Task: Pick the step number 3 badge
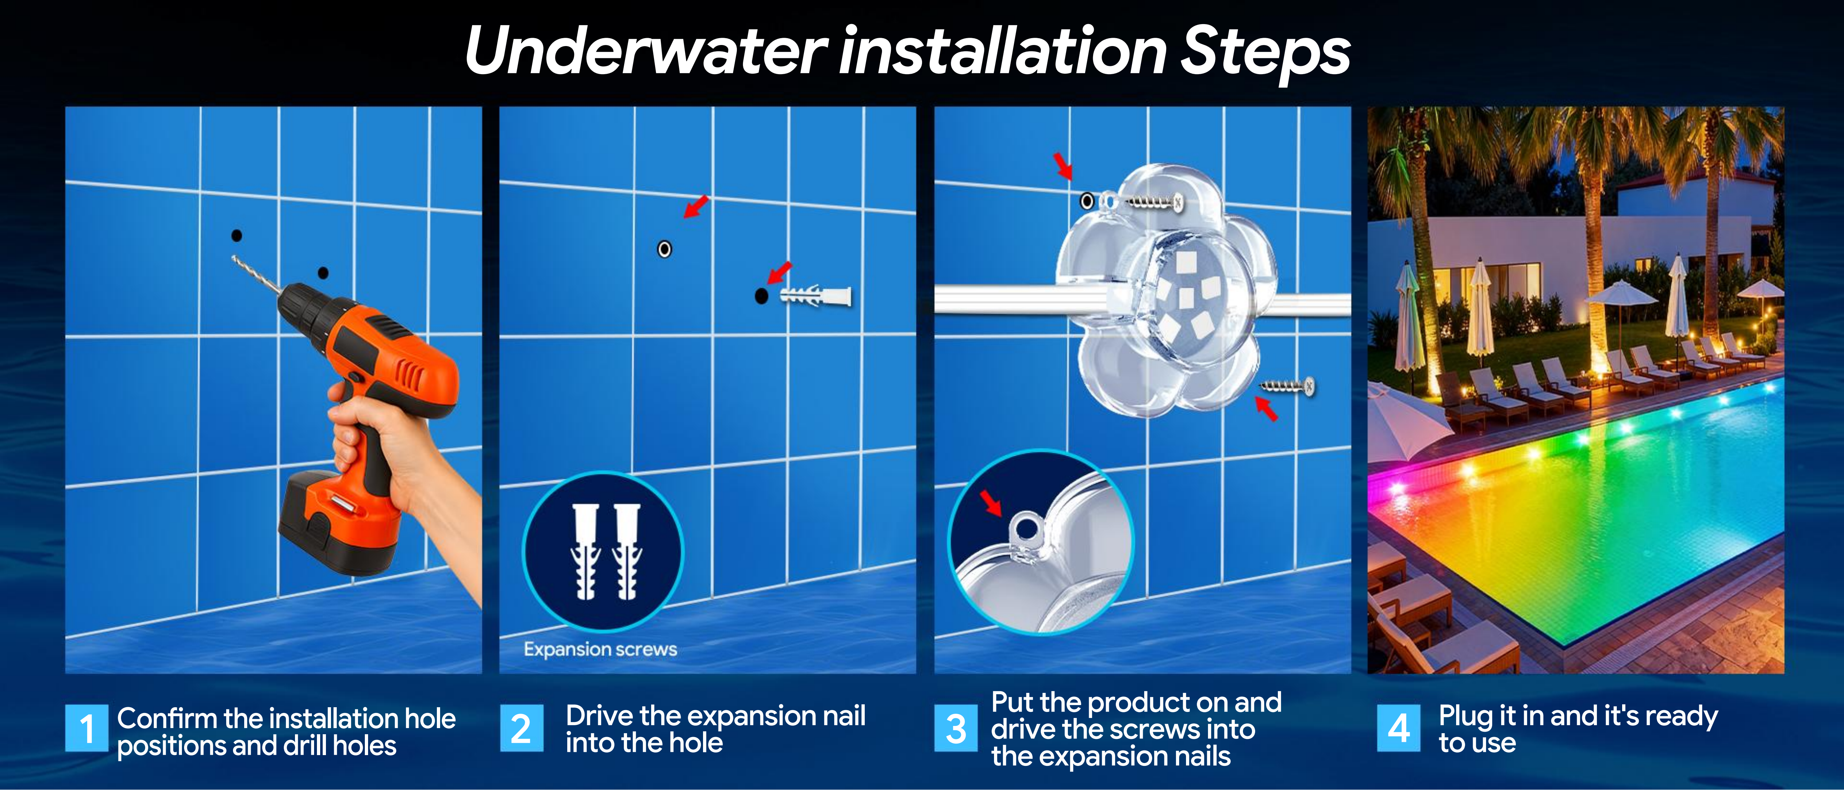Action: [x=955, y=728]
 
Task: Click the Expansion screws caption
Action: [x=600, y=649]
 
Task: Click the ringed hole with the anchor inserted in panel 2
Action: [x=664, y=249]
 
